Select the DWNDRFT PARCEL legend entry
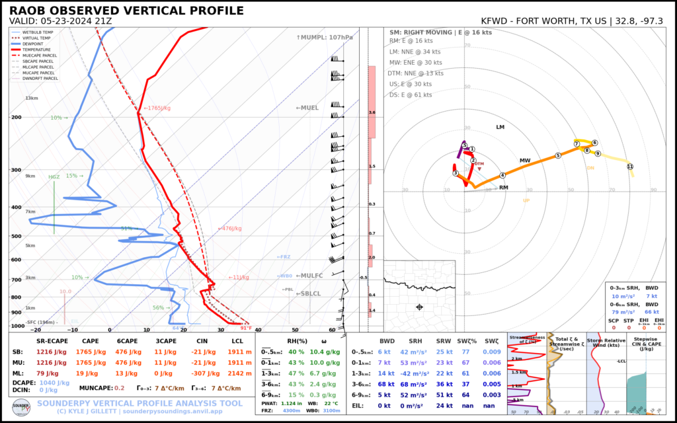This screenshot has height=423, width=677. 40,78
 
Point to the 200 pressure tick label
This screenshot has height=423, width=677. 16,118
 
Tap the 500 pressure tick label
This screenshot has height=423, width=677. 16,236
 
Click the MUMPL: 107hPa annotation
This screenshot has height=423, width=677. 325,38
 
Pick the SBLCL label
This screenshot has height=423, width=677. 309,294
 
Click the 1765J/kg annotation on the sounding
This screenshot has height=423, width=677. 157,108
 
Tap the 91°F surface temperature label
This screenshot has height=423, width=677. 246,328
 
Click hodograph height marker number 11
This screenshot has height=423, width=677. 629,167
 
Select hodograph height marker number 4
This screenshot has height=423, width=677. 502,175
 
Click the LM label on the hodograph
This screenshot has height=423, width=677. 500,126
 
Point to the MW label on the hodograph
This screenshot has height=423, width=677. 525,161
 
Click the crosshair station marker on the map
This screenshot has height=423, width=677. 419,307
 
